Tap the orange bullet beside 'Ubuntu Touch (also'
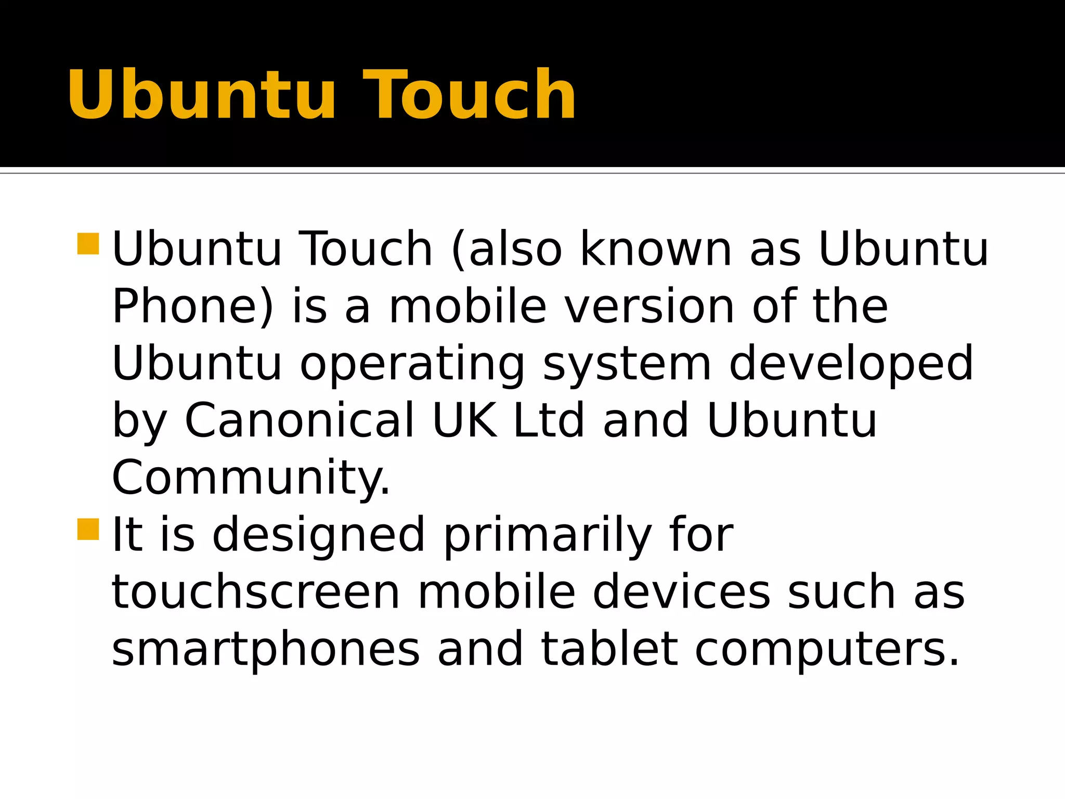coord(88,244)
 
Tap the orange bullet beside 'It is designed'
coord(88,530)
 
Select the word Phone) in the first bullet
coord(192,307)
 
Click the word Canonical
coord(300,420)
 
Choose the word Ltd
coord(549,420)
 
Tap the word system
coord(627,364)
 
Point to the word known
coord(656,250)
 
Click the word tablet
coord(609,649)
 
